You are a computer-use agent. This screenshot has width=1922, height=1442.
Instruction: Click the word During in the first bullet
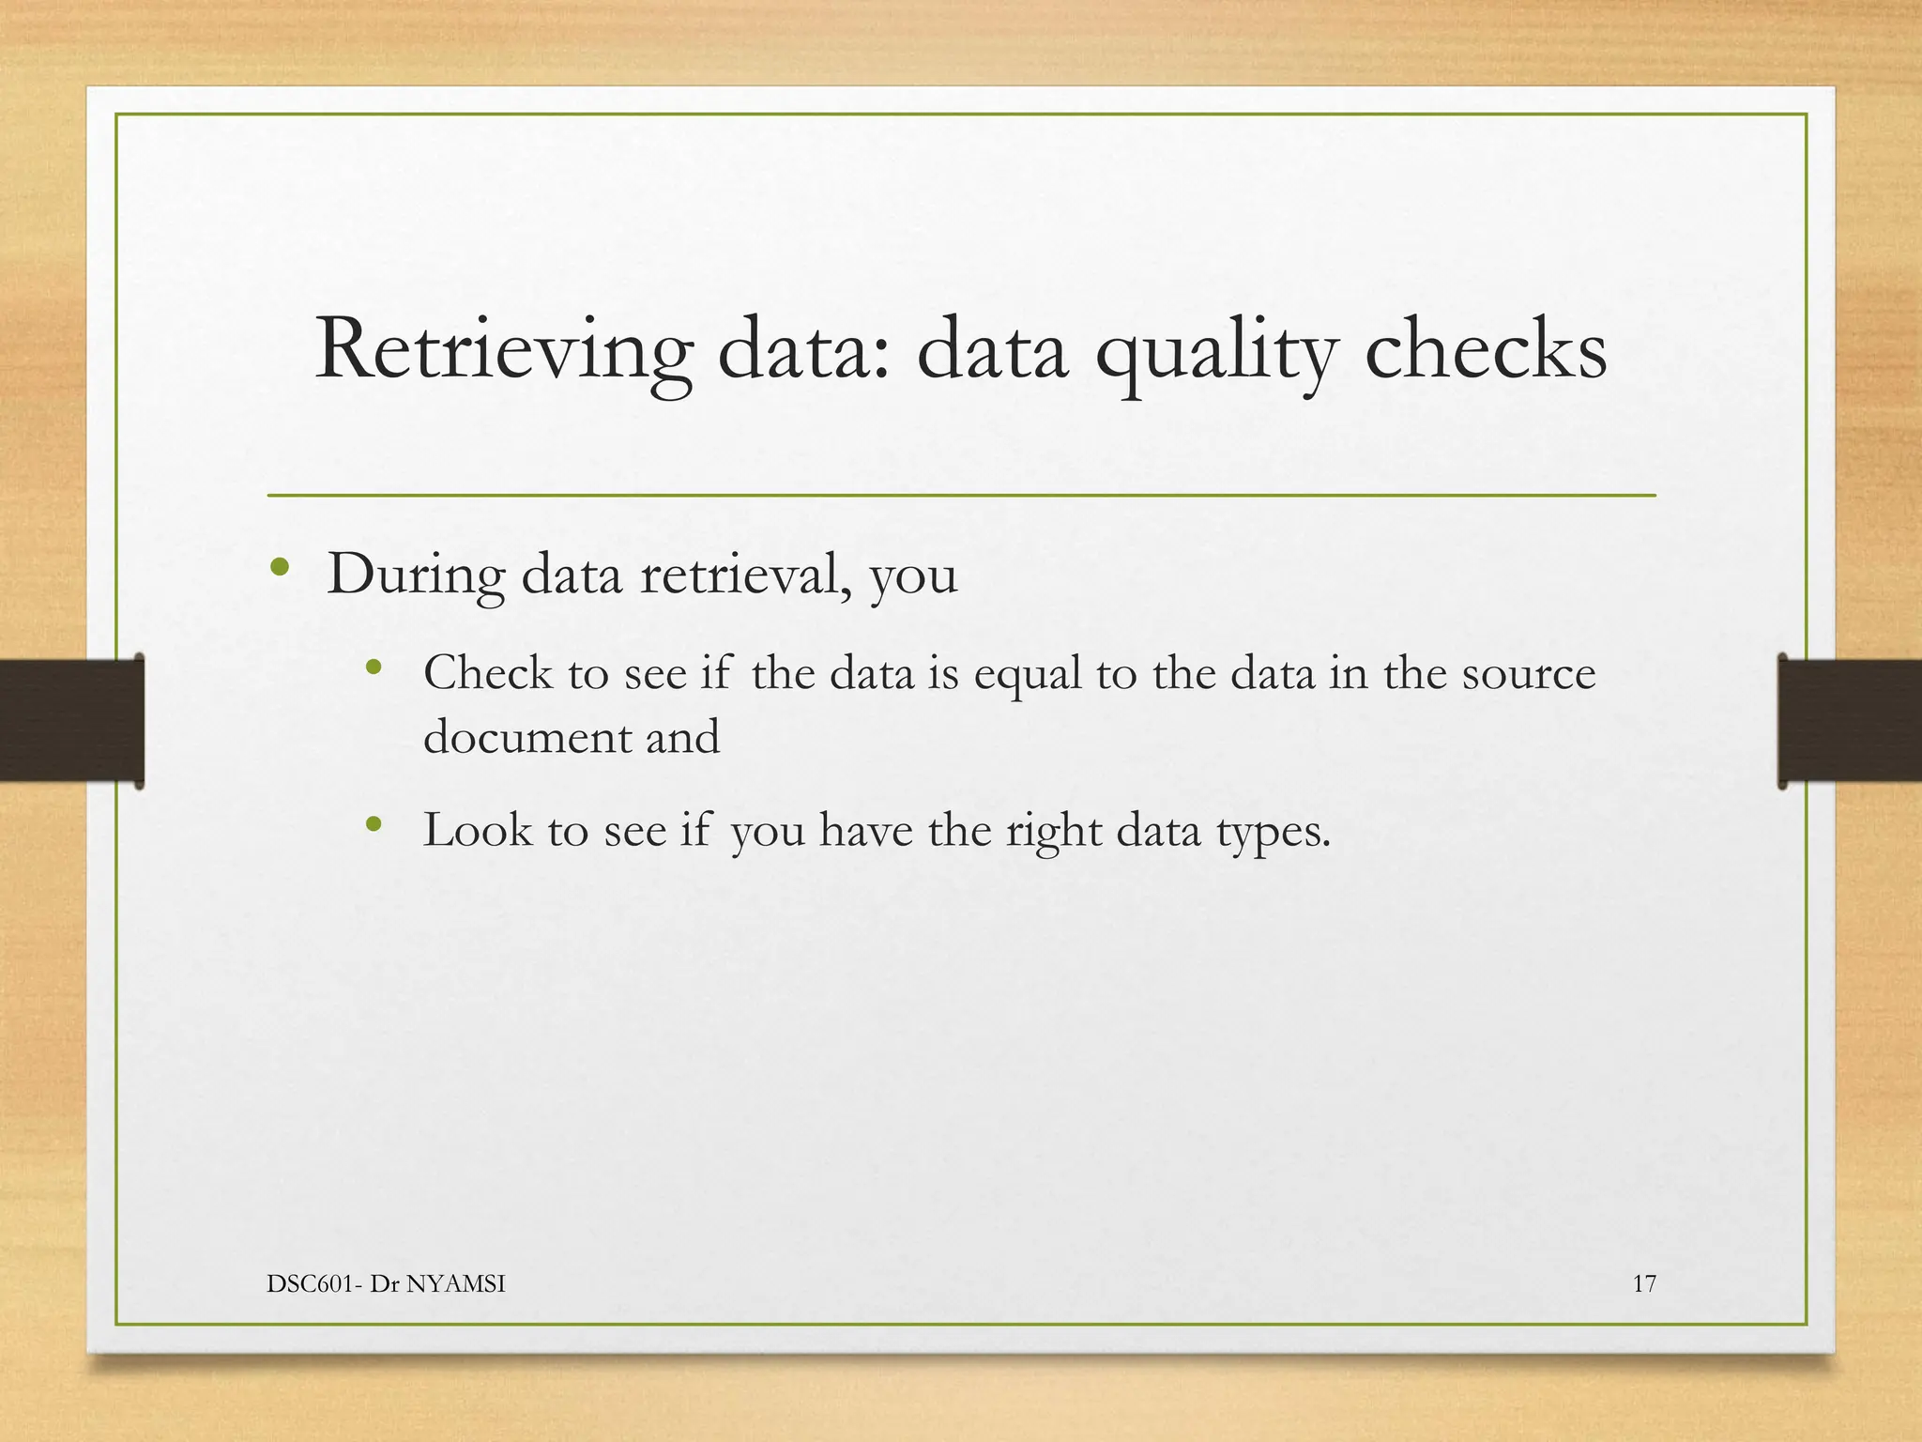point(415,575)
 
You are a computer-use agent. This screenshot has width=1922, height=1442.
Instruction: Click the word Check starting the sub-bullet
point(487,673)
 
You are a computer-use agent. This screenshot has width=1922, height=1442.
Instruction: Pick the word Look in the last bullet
point(477,830)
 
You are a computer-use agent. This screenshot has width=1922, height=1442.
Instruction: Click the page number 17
point(1644,1284)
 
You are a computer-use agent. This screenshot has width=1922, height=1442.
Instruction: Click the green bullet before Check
point(374,667)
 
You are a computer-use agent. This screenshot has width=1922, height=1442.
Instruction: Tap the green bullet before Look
point(374,824)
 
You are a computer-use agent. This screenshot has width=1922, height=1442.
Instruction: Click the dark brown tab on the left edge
point(71,720)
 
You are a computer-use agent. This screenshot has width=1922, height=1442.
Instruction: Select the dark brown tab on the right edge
point(1850,720)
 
